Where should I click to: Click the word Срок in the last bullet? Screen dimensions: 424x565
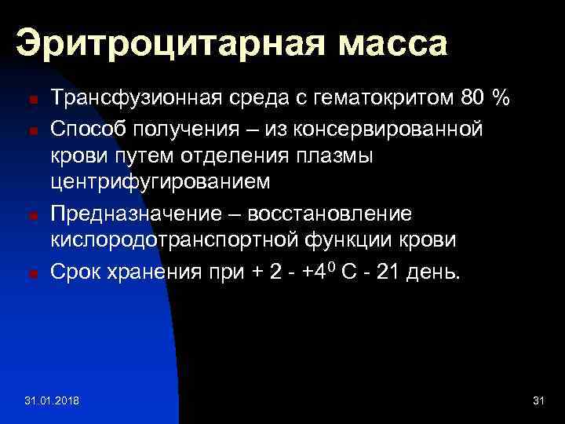(74, 272)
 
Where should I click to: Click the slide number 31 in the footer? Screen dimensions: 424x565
(538, 401)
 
